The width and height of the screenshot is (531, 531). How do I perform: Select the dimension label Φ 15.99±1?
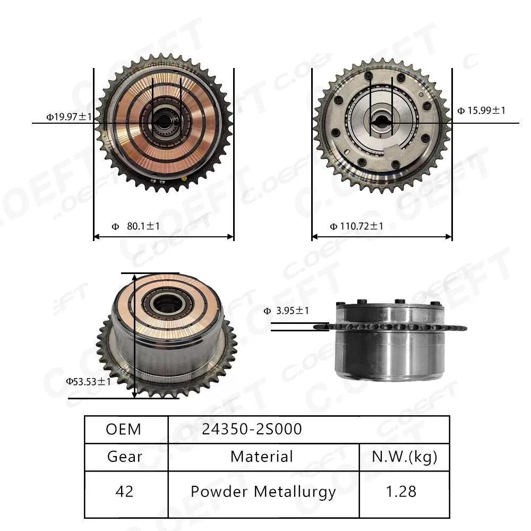coord(481,110)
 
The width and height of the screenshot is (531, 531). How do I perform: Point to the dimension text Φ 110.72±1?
coord(356,226)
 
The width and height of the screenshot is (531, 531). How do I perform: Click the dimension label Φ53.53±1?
coord(88,381)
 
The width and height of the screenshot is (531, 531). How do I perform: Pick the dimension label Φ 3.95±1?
coord(286,311)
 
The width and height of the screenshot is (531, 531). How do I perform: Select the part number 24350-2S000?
coord(251,429)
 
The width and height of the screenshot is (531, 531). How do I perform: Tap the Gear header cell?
coord(125,457)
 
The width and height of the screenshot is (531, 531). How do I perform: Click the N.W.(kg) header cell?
coord(404,457)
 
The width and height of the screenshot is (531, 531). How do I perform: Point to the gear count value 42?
coord(125,492)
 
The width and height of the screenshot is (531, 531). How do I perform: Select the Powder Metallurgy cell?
coord(263,492)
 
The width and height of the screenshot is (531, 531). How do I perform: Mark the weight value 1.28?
coord(401,492)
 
